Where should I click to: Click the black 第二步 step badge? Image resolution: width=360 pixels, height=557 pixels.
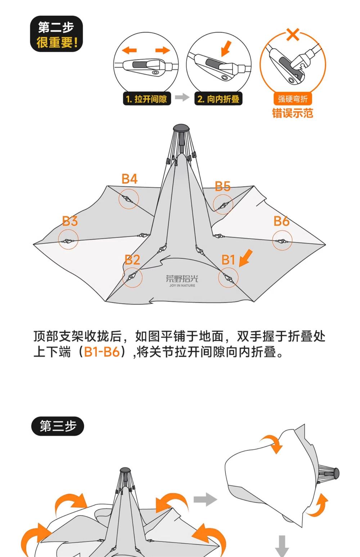point(57,34)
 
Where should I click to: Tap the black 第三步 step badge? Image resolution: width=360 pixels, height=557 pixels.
point(58,426)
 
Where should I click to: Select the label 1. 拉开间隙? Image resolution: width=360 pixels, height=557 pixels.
point(147,99)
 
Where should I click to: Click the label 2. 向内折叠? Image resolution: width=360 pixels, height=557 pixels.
point(218,99)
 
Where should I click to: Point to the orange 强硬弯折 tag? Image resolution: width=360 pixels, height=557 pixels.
point(292,99)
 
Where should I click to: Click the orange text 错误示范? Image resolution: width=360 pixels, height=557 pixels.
point(292,113)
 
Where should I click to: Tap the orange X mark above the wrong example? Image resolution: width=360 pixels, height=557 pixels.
point(293,35)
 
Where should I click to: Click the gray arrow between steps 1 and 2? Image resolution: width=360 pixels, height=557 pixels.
point(182,98)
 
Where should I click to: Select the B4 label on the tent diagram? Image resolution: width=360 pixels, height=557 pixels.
point(130,179)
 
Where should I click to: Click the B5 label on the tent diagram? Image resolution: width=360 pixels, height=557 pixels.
point(222,186)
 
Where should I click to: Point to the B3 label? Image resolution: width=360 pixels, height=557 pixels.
point(70,221)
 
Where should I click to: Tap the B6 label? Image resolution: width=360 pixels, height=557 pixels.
point(281,221)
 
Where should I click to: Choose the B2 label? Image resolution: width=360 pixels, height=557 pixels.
point(132,260)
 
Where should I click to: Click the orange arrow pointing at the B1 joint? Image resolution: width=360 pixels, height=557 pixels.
point(246,258)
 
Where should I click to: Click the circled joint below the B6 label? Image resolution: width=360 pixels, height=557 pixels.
point(282,240)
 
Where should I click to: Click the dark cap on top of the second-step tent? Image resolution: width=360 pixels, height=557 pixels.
point(182,129)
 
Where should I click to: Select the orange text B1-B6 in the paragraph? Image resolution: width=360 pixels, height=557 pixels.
point(102,352)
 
